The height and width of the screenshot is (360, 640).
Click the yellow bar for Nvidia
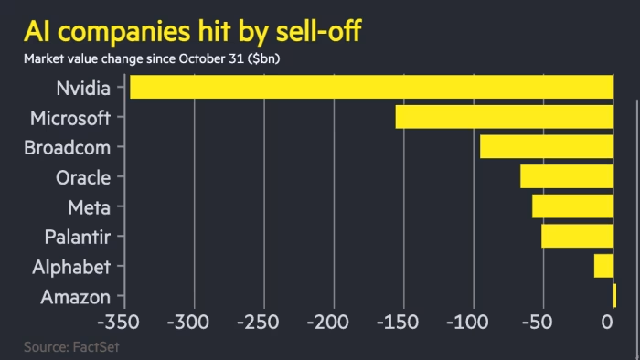371,88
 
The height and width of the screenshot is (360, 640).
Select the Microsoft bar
504,117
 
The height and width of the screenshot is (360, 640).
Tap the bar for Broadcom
546,146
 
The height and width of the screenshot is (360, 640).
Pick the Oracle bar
566,176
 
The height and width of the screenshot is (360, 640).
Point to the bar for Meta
572,206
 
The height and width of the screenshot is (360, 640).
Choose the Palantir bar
577,236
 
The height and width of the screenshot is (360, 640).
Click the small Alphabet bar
603,266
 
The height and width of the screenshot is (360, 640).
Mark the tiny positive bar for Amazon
614,296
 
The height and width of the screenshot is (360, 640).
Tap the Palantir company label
77,237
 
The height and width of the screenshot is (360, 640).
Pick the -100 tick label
470,323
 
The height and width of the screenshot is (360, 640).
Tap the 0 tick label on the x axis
606,323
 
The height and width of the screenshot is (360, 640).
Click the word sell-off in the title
311,31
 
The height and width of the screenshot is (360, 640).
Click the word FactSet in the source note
96,347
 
